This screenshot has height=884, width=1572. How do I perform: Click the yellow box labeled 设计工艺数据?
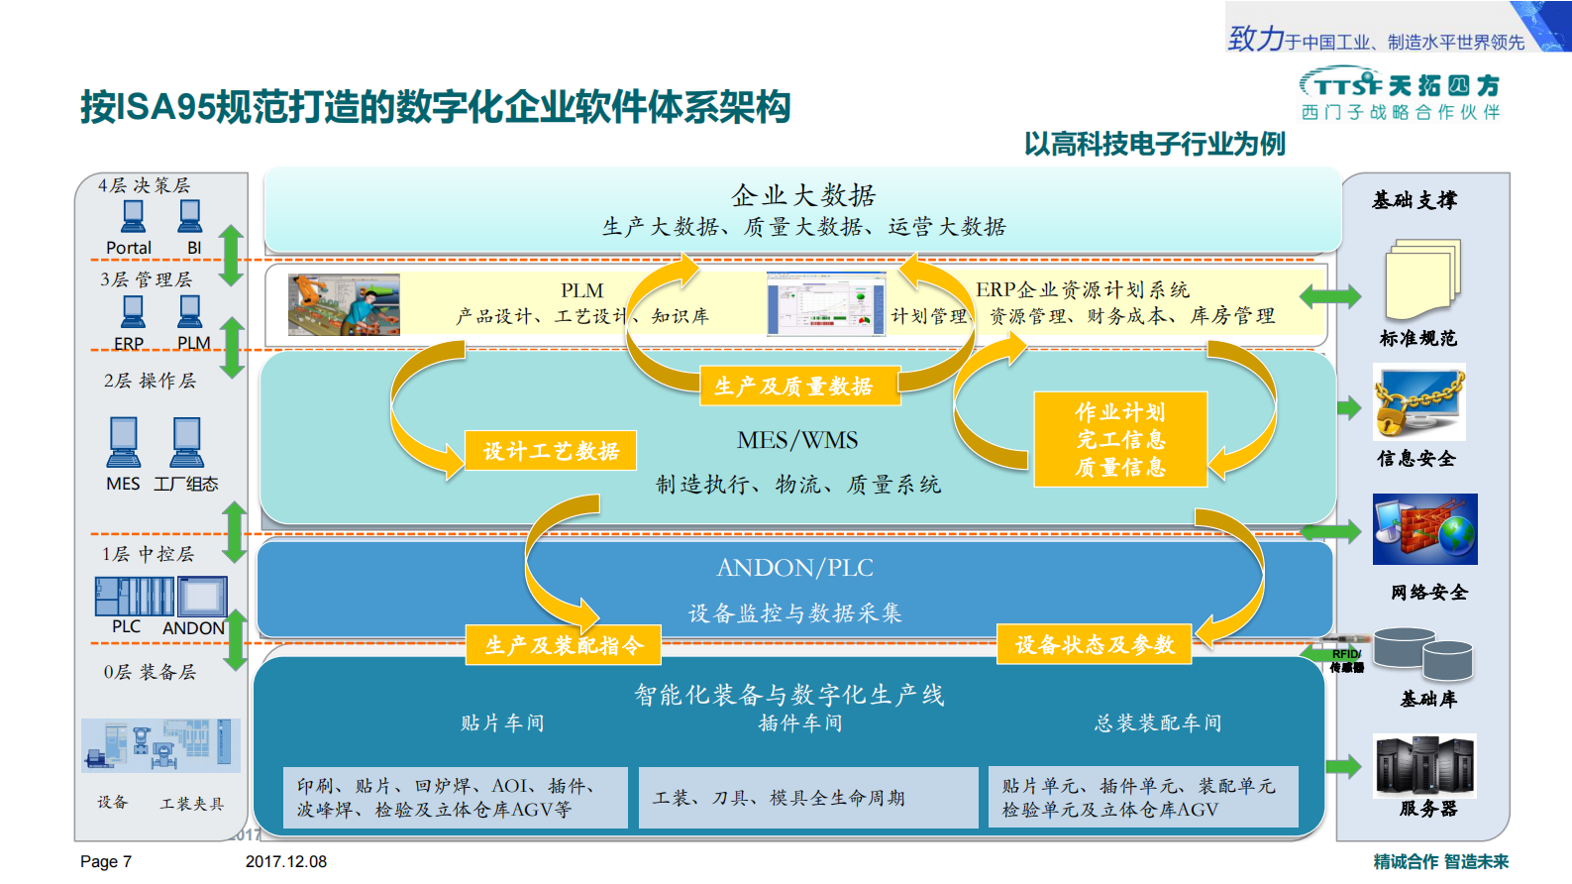coord(551,451)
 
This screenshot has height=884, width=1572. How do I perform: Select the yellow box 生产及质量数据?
coord(793,386)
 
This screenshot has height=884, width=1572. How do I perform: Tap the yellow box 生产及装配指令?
coord(564,645)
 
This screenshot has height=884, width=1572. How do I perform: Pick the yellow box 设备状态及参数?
coord(1095,645)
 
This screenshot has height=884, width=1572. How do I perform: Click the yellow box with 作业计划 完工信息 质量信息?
coord(1120,439)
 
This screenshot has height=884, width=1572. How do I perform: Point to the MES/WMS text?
coord(797,440)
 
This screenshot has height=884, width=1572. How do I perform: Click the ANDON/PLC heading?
coord(794,568)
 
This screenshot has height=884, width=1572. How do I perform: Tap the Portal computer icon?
coord(133,216)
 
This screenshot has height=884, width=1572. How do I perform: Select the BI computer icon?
coord(190,216)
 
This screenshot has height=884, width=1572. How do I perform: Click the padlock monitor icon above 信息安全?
coord(1418,402)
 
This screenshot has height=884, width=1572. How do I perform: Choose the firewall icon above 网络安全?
coord(1424,529)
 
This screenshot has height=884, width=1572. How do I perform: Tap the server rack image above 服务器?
coord(1424,765)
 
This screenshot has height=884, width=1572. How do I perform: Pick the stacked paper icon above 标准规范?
coord(1422,278)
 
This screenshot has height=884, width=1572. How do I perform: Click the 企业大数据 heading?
coord(803,195)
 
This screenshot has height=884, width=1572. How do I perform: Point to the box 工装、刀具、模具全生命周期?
coord(807,798)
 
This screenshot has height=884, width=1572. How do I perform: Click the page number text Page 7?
coord(106,861)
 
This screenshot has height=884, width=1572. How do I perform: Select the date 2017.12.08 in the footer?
coord(286,861)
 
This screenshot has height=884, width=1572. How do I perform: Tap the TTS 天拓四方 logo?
coord(1401,86)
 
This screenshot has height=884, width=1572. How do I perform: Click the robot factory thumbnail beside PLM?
coord(344,305)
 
